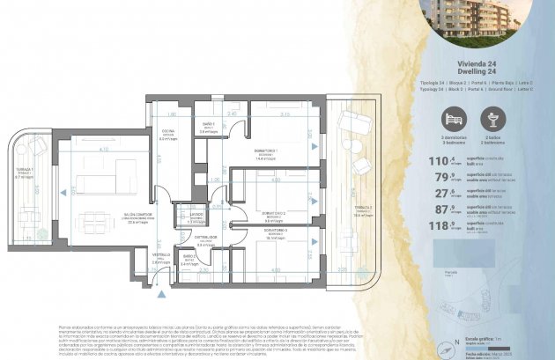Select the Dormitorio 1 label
269,153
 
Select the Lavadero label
196,216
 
